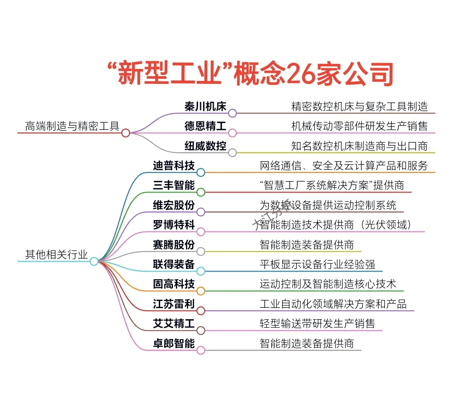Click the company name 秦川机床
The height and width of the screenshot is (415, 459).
205,106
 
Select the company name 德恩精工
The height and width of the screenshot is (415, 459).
205,126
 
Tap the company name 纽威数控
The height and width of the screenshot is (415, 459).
205,146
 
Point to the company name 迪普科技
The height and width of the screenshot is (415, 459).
174,165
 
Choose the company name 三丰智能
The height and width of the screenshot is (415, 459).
174,185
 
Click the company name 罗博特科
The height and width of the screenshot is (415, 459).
174,225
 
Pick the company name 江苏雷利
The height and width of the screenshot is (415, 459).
174,304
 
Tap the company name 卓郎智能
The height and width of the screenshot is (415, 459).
174,343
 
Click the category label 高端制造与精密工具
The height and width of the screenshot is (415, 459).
72,126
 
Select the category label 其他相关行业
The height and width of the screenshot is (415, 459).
57,255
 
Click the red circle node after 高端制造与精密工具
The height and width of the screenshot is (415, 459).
126,133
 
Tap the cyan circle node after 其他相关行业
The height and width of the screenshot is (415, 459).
94,261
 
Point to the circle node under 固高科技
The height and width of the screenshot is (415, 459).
201,291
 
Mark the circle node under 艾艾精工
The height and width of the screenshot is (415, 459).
201,330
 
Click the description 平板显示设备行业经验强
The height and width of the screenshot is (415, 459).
317,264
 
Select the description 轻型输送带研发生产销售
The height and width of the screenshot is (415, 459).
317,323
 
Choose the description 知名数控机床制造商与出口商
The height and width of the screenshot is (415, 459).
359,146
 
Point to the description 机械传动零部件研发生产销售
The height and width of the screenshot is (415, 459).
359,126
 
